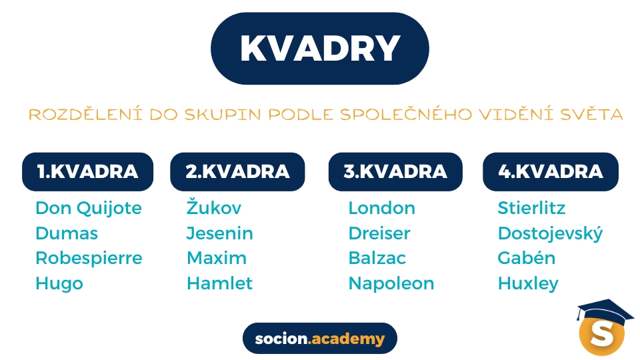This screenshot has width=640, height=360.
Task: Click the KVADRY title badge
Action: click(x=320, y=49)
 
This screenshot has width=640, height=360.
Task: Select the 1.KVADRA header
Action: click(x=88, y=172)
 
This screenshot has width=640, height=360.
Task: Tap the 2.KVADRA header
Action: click(x=237, y=172)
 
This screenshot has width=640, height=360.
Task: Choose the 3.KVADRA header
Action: click(x=395, y=172)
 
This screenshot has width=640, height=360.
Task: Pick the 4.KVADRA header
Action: click(x=551, y=172)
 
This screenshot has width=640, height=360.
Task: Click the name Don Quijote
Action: click(x=89, y=209)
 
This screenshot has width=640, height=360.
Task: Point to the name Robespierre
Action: click(x=89, y=259)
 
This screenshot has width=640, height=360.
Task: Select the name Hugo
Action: click(x=59, y=284)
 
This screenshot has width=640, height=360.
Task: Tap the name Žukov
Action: click(x=214, y=207)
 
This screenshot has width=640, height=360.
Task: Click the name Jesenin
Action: click(x=219, y=233)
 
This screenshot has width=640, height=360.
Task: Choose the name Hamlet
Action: click(x=219, y=283)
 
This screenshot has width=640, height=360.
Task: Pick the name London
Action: click(x=382, y=208)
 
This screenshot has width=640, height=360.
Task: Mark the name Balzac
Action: click(x=377, y=259)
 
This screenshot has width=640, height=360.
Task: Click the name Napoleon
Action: click(x=391, y=284)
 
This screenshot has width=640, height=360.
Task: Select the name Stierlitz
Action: click(x=531, y=208)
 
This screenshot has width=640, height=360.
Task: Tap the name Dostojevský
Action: click(x=550, y=233)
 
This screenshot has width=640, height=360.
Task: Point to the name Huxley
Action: click(x=528, y=284)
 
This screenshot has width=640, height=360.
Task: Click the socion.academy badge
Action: click(x=320, y=339)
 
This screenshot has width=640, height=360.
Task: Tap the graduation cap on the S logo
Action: click(x=605, y=311)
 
